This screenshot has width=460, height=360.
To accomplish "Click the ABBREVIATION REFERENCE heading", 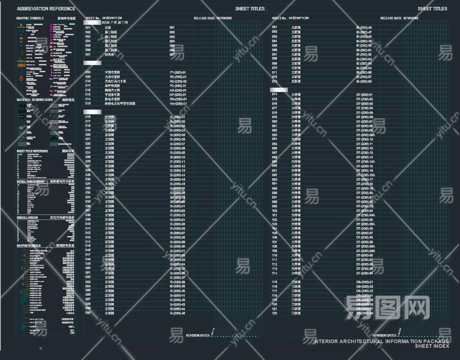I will [46, 9].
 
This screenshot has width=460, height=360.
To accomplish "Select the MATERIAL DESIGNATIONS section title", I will [34, 100].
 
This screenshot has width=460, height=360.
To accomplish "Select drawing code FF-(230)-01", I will [178, 73].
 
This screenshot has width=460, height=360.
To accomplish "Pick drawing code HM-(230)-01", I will [178, 104].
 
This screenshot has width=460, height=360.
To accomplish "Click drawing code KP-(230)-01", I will [178, 95].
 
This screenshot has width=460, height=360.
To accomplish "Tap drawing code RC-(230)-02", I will [178, 82].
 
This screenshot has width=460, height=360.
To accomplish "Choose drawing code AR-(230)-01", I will [178, 91].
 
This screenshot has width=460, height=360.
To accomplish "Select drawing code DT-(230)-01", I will [364, 95].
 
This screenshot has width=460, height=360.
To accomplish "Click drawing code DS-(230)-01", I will [364, 282].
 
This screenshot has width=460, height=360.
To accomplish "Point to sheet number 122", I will [275, 314].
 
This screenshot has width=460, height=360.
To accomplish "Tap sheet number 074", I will [275, 95].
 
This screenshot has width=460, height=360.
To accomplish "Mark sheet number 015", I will [88, 104].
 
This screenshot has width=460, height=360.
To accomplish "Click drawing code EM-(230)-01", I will [178, 100].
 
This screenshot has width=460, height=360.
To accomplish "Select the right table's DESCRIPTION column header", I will [299, 18].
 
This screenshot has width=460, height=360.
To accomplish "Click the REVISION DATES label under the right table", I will [384, 336].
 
